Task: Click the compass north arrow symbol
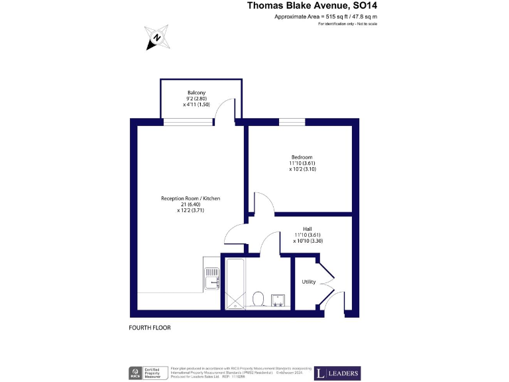(x=157, y=38)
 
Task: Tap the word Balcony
(x=196, y=92)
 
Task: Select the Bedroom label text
(x=302, y=157)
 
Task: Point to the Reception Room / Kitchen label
(x=190, y=198)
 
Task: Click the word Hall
(x=308, y=228)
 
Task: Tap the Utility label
(x=309, y=282)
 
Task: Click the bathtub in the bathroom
(x=235, y=284)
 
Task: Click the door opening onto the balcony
(x=227, y=109)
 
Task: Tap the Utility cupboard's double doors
(x=326, y=273)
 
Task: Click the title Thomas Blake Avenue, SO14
(x=312, y=6)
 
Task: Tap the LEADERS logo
(x=337, y=373)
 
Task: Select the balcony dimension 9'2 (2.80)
(x=196, y=99)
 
